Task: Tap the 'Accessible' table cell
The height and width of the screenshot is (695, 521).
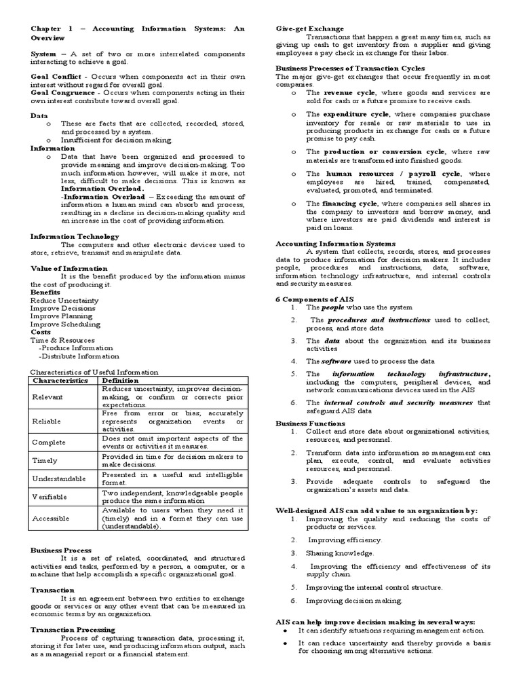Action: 51,518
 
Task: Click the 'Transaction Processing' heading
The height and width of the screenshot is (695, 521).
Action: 73,629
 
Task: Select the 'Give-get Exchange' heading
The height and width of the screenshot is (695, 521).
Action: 309,29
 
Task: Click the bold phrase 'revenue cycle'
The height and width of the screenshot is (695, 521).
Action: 347,92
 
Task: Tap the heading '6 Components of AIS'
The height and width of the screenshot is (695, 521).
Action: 314,299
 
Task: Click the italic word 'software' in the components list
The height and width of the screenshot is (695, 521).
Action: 336,361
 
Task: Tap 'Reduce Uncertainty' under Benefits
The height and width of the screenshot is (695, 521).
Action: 64,300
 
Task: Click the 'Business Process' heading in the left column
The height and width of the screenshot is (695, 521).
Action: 61,550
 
